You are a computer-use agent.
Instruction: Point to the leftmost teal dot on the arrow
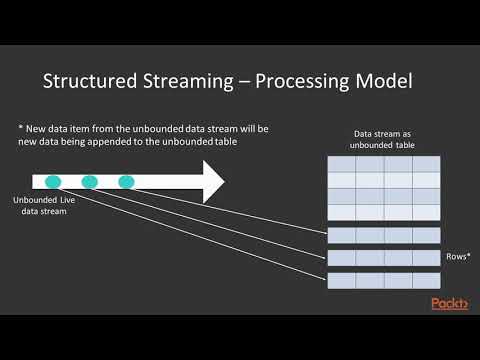(x=54, y=182)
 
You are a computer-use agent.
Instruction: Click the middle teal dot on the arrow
(x=90, y=182)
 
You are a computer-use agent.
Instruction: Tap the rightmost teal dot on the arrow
(x=126, y=182)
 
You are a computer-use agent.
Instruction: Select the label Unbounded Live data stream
(x=41, y=206)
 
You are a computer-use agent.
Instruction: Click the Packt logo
(x=450, y=303)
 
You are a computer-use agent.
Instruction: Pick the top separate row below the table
(x=384, y=235)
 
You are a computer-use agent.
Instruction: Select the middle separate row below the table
(x=384, y=258)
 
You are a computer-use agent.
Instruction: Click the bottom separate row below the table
(x=384, y=280)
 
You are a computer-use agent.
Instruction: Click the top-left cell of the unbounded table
(x=341, y=163)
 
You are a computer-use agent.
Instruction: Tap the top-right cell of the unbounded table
(x=426, y=163)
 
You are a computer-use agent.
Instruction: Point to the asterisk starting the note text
(x=21, y=129)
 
